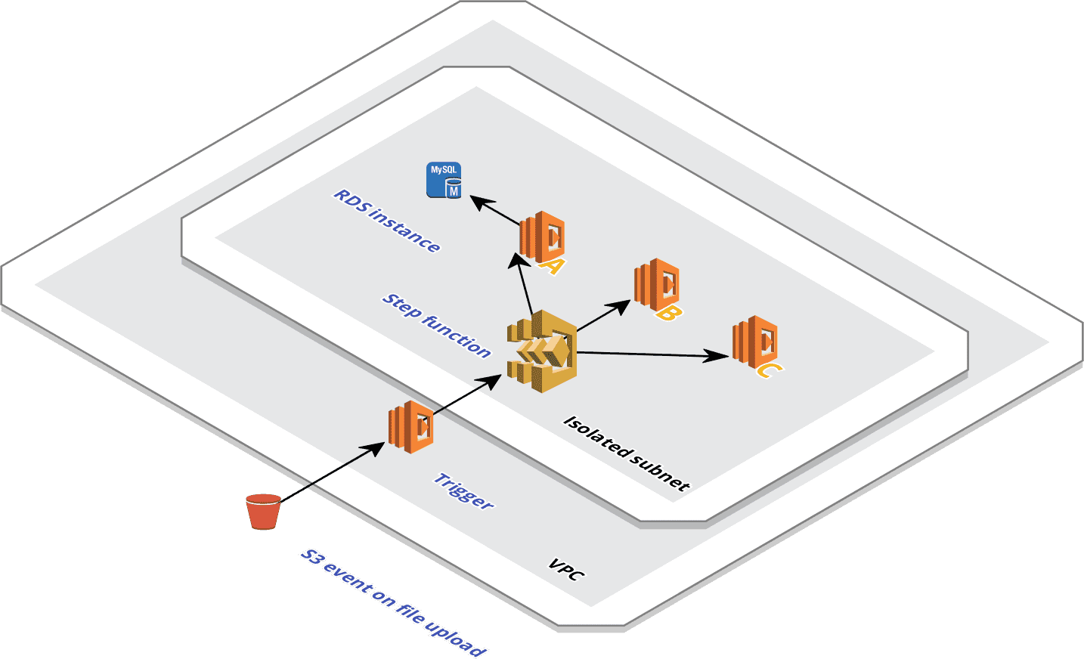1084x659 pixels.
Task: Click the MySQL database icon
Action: (x=444, y=181)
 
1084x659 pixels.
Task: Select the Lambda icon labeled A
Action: (x=541, y=237)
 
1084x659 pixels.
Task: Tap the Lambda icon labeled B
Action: (x=655, y=283)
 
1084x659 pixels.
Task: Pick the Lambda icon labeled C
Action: (x=754, y=342)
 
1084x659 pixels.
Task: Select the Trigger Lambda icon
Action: (x=410, y=427)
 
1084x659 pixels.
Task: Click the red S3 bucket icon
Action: (x=263, y=512)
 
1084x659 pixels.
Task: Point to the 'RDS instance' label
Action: (x=387, y=221)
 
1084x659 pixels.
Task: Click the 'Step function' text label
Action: (x=437, y=325)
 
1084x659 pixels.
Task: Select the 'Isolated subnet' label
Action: (x=627, y=453)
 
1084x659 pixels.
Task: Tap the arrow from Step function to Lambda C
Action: (x=650, y=354)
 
